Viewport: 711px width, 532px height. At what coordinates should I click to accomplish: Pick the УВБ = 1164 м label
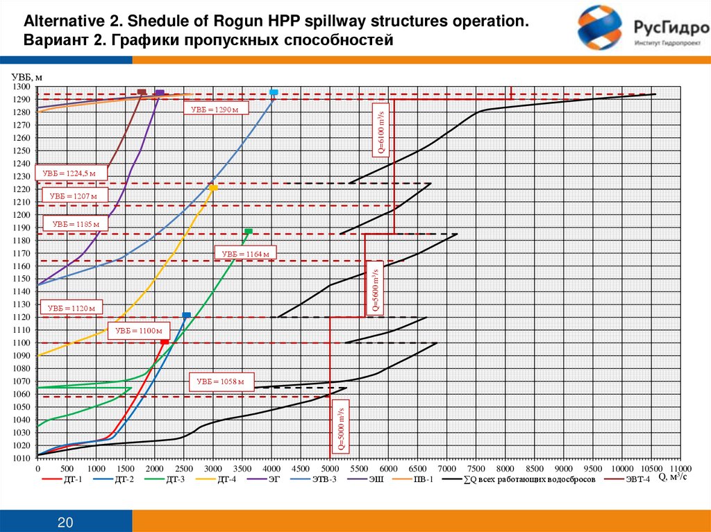point(246,254)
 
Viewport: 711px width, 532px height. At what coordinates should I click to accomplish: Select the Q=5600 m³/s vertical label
point(374,288)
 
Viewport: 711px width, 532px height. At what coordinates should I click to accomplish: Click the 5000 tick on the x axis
point(330,469)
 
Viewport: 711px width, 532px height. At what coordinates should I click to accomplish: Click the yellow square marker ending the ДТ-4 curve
point(213,188)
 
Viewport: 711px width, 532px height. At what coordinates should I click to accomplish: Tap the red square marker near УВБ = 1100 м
point(165,343)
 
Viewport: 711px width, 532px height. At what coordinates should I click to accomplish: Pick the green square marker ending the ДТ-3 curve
point(248,231)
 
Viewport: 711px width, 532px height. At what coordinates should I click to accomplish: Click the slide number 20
point(66,522)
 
